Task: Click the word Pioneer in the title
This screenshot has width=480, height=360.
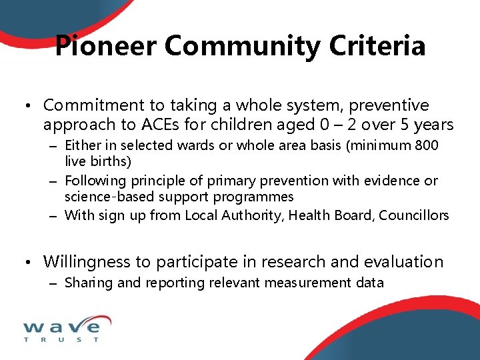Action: [x=106, y=46]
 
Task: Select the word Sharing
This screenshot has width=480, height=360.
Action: [x=89, y=283]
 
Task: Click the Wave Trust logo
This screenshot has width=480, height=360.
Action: [x=61, y=331]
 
